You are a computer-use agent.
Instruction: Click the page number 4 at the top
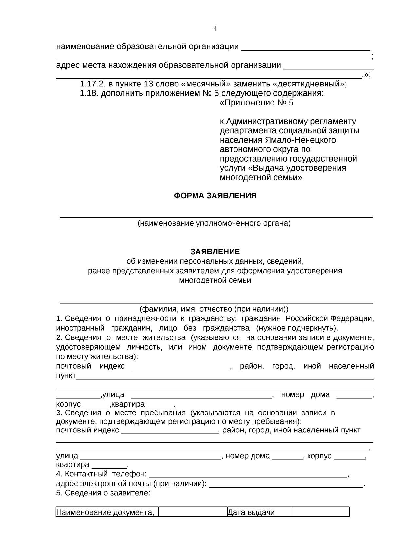(x=215, y=29)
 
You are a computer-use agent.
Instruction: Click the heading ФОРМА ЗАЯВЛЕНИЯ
(x=215, y=196)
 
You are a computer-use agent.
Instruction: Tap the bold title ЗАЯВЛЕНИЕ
(x=215, y=252)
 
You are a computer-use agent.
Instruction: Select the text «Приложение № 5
(x=256, y=103)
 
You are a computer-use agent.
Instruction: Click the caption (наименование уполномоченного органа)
(x=214, y=223)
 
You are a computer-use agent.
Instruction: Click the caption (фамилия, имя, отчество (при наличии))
(x=214, y=309)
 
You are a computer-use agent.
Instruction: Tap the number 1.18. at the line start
(x=89, y=93)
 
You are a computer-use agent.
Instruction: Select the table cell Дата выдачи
(x=251, y=512)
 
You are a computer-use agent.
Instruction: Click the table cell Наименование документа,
(x=105, y=512)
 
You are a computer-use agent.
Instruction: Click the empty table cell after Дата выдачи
(x=321, y=512)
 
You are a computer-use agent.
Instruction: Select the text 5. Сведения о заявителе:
(x=103, y=493)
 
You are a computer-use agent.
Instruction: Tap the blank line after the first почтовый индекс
(x=181, y=366)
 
